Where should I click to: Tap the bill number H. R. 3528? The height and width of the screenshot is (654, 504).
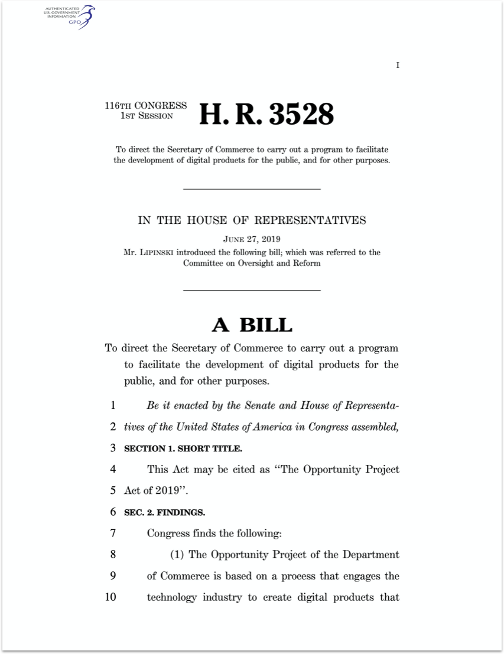(266, 114)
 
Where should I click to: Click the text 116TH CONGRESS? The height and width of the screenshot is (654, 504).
(145, 106)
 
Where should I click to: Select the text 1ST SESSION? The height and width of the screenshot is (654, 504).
(147, 116)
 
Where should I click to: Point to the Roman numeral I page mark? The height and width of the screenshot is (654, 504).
(398, 65)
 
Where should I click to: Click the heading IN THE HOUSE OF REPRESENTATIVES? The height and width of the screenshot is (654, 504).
(252, 220)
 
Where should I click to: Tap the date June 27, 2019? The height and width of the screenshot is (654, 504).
(252, 239)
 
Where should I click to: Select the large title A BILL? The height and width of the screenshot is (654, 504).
(252, 324)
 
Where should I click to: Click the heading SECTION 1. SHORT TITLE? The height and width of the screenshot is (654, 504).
(183, 448)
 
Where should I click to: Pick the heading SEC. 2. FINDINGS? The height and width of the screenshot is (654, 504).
(164, 512)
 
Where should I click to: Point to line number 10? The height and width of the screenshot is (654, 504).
(110, 597)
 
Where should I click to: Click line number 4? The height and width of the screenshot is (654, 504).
(112, 470)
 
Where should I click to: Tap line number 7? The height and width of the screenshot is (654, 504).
(112, 533)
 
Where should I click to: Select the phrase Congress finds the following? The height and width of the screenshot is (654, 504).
(214, 533)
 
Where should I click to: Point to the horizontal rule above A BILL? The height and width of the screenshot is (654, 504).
(252, 290)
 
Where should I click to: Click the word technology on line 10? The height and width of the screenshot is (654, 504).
(171, 597)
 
